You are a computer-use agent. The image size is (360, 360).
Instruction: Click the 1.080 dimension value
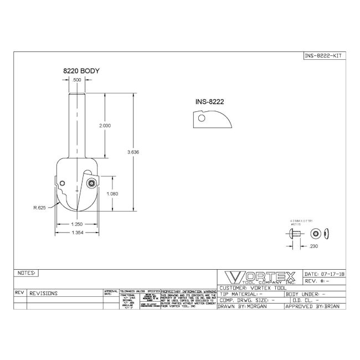112,194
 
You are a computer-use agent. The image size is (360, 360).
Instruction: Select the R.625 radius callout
39,209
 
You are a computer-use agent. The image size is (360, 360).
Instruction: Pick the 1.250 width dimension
76,224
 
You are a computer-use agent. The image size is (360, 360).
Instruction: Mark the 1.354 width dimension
76,233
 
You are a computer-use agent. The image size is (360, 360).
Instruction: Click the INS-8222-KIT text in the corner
325,56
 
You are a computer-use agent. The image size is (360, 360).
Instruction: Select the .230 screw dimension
314,245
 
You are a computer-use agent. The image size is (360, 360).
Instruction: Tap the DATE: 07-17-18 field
325,274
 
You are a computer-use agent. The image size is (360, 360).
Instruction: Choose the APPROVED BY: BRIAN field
314,306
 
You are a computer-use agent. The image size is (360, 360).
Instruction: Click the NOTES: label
27,273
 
